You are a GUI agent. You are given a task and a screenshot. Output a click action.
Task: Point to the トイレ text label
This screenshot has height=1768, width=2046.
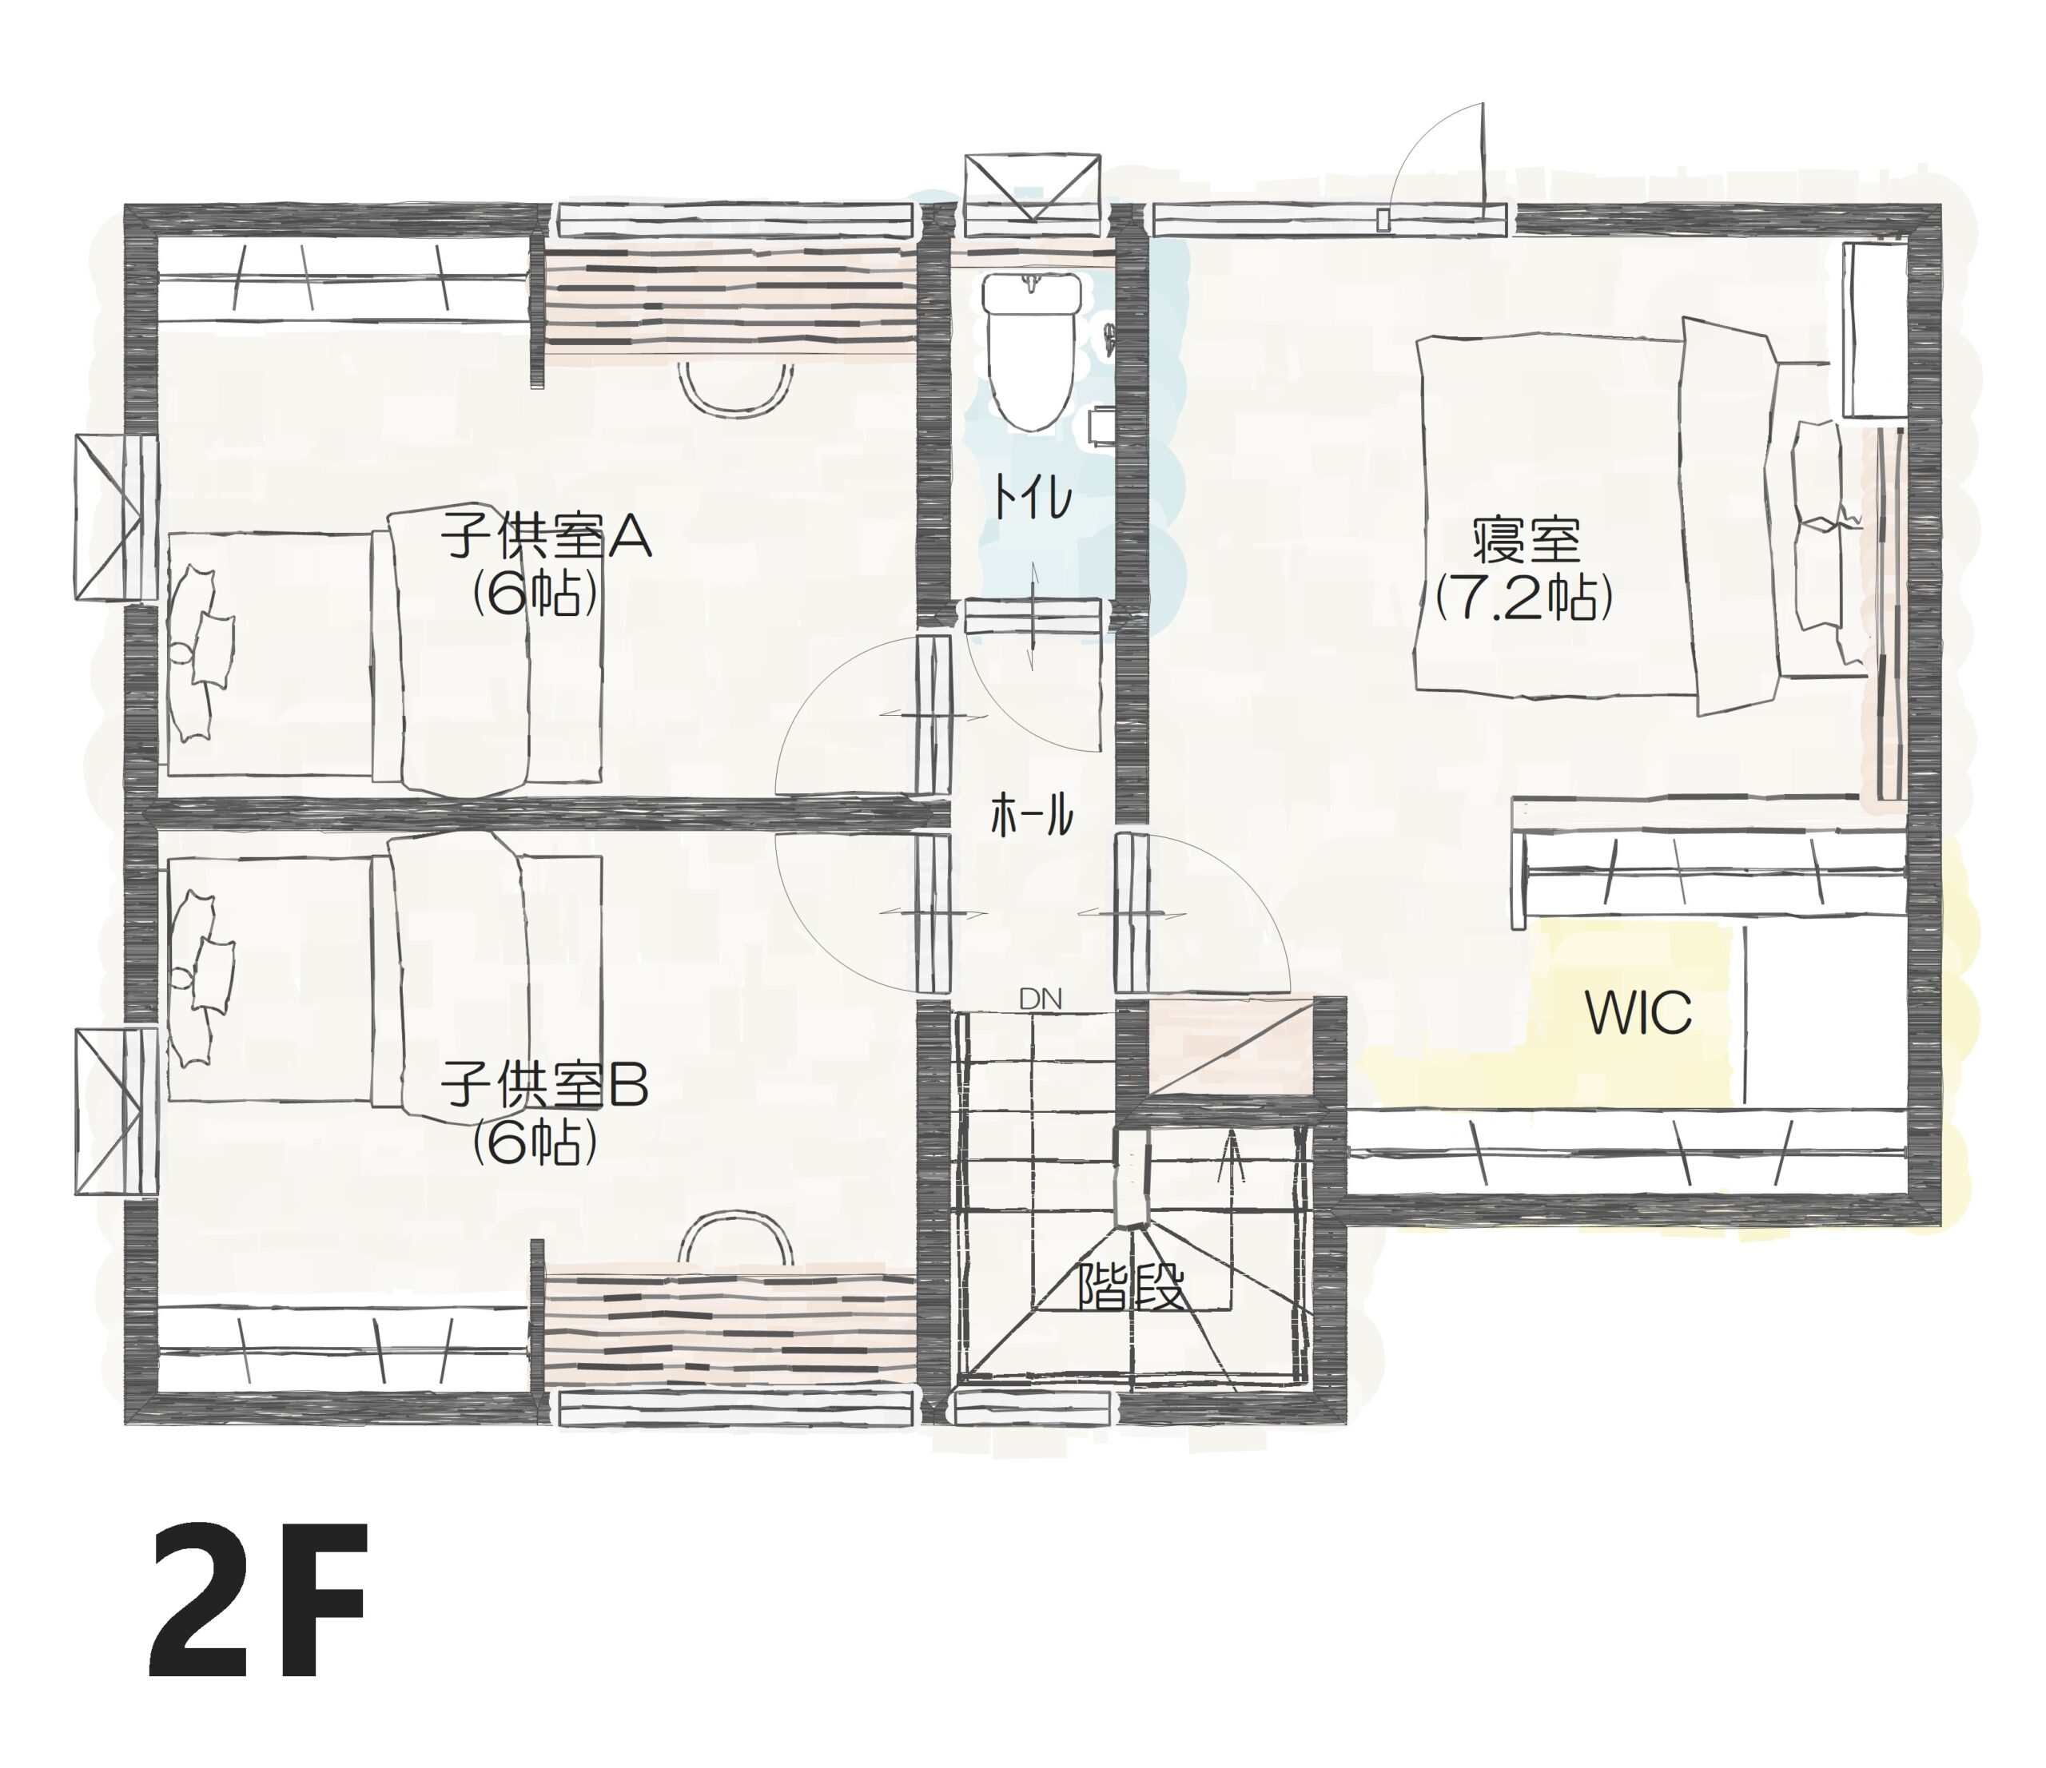(1032, 499)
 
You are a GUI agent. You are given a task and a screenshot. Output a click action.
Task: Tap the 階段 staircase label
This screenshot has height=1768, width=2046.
(1131, 1286)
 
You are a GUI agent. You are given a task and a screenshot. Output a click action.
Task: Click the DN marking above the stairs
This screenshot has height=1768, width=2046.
(1040, 999)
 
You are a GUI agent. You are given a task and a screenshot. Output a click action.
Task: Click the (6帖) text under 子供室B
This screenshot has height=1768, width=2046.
(534, 1142)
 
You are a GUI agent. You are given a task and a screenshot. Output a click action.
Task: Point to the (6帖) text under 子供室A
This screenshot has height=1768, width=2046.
(534, 594)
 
